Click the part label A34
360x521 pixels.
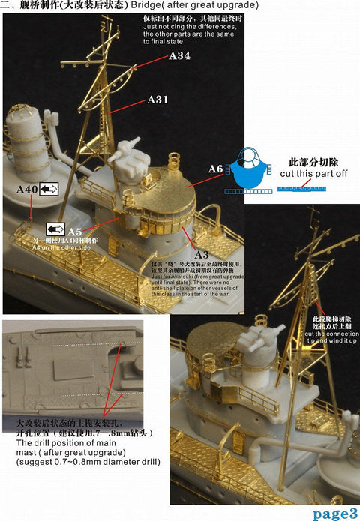pos(180,56)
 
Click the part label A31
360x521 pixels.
pos(158,100)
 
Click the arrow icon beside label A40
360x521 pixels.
pos(49,190)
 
